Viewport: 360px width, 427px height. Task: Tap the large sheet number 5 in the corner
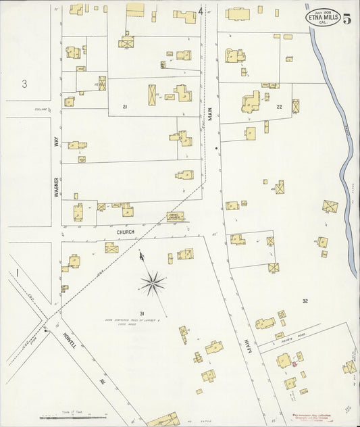coord(346,18)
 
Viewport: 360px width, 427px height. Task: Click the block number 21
coord(125,107)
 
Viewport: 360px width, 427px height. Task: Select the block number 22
coord(279,107)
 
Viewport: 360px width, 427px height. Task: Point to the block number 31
coord(142,313)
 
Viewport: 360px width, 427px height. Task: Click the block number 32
coord(305,301)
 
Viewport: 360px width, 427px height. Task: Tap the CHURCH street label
coord(126,232)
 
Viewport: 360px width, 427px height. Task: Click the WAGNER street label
coord(57,182)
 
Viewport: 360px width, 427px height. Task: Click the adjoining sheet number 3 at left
coord(24,84)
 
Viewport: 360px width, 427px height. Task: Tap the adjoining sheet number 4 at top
coord(201,11)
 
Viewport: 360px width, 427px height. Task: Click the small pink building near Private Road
coord(294,365)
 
